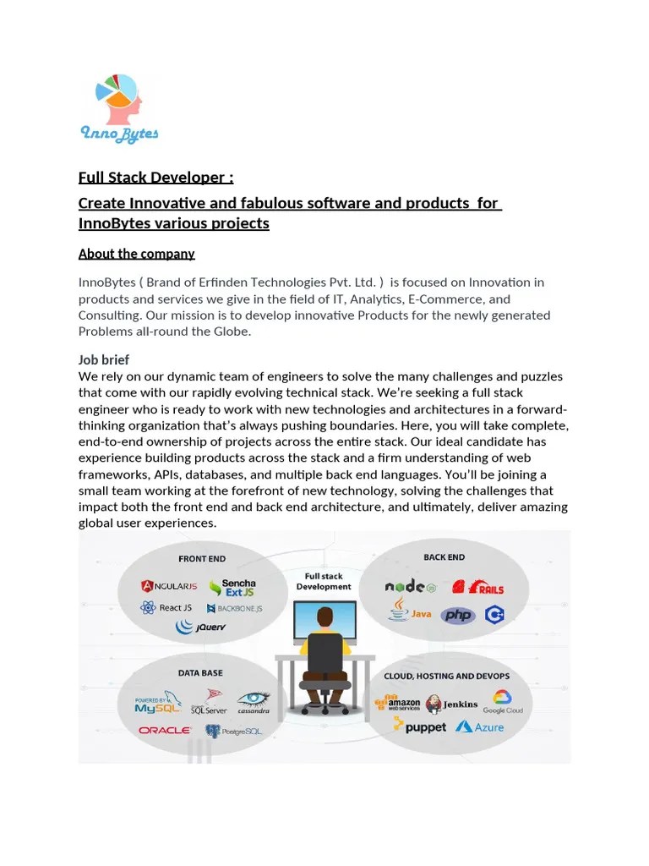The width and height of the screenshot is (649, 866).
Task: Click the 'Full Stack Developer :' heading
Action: [x=155, y=178]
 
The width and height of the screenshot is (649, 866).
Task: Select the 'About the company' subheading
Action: [x=136, y=254]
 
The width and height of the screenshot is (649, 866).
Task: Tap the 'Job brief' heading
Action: [x=103, y=359]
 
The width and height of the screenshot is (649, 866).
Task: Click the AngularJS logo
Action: [x=170, y=586]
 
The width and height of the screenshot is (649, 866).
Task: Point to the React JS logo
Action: [x=167, y=607]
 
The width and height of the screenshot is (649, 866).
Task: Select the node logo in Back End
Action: [x=411, y=587]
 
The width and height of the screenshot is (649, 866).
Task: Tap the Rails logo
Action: [x=477, y=587]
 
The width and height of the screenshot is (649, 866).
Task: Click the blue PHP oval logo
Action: [x=458, y=615]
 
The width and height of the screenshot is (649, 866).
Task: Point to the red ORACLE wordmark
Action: [x=165, y=730]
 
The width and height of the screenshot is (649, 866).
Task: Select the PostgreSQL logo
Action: [x=234, y=730]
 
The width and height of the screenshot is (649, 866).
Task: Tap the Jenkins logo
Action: [x=452, y=704]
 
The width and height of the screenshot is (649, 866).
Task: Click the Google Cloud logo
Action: [x=503, y=702]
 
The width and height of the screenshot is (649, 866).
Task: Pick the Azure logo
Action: [x=479, y=726]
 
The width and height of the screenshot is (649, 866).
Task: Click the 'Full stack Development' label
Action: [x=324, y=581]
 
